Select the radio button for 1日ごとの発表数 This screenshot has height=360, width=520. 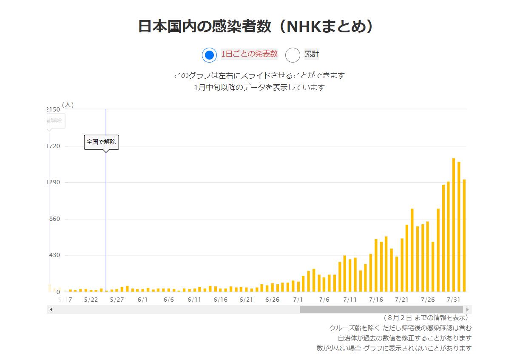tap(209, 55)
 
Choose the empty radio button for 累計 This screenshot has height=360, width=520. tap(293, 55)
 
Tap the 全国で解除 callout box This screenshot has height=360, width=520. tap(101, 142)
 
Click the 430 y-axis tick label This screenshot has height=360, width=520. tap(55, 255)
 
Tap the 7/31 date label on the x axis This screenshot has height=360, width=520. tap(455, 300)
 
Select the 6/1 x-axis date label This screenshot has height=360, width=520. tap(143, 300)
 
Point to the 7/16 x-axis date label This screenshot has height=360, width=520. tap(376, 300)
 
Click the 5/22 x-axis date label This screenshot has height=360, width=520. tap(91, 300)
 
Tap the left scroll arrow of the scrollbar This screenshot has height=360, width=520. tap(51, 309)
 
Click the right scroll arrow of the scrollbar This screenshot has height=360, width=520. tap(468, 309)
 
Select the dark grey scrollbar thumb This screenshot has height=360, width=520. tap(381, 309)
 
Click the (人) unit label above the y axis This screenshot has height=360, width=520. tap(68, 105)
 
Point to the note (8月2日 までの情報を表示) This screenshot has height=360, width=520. tap(426, 317)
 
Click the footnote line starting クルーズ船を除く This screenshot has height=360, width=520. tap(400, 328)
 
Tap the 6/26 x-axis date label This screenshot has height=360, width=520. tap(272, 300)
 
